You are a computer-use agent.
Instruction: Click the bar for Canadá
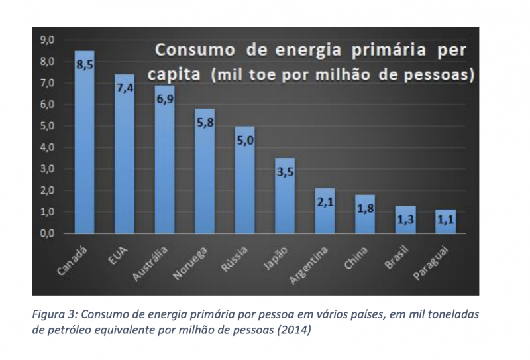(84, 143)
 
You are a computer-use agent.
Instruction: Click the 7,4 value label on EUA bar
(125, 87)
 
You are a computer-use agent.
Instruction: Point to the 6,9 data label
(165, 97)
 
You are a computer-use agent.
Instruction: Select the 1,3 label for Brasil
(405, 219)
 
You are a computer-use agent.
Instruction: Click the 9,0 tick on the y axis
(48, 40)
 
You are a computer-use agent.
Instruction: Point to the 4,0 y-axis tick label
(48, 148)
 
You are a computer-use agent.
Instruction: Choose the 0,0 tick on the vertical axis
(48, 233)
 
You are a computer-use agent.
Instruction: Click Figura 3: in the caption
(54, 314)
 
